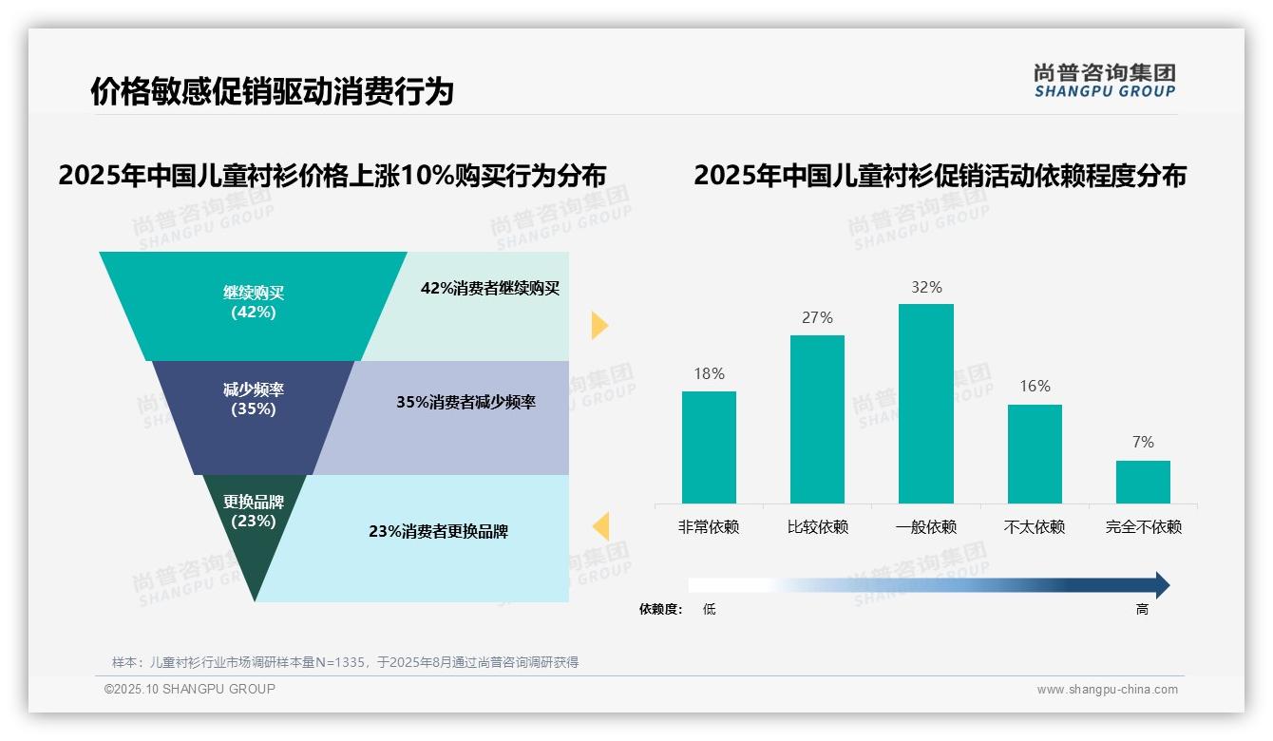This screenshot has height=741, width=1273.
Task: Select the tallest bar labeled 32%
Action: [925, 403]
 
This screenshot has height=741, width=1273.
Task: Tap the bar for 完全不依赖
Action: [1143, 482]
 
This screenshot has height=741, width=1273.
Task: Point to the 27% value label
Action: [817, 317]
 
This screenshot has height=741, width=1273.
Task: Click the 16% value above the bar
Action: [1035, 386]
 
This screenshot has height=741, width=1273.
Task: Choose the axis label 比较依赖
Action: [817, 527]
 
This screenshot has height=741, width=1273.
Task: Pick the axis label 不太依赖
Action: [1035, 527]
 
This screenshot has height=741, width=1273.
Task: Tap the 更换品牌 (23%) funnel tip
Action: [254, 532]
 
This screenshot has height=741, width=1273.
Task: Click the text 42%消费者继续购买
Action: [490, 289]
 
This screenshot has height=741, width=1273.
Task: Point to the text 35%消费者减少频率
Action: [465, 402]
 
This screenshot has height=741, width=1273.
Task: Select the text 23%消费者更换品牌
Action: [438, 532]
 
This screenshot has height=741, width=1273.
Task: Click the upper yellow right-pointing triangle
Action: [598, 325]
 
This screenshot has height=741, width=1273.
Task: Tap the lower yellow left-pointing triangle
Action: [600, 525]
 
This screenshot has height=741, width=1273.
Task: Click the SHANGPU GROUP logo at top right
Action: [1104, 81]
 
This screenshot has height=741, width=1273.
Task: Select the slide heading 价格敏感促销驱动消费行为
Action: [272, 92]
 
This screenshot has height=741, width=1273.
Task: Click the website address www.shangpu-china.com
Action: [1107, 690]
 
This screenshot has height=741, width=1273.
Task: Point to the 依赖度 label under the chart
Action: [661, 609]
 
